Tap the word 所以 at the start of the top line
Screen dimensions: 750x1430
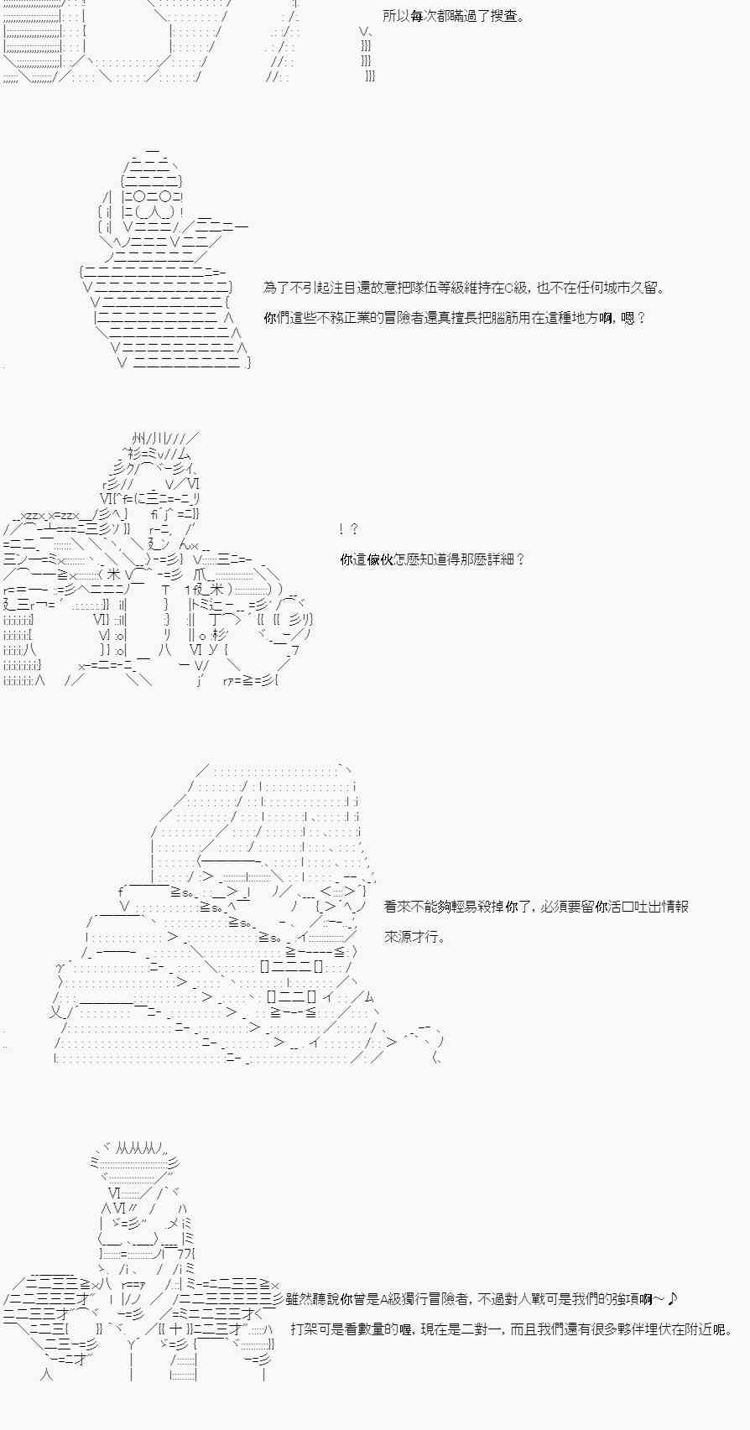[396, 16]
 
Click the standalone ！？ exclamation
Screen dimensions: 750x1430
[349, 528]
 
